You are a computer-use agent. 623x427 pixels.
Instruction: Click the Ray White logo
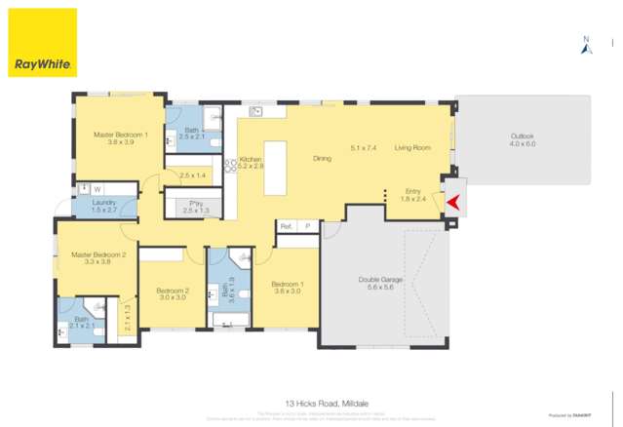pyautogui.click(x=42, y=43)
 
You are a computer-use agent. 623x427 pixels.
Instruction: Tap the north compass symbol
pyautogui.click(x=586, y=45)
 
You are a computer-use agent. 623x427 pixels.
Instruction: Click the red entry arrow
pyautogui.click(x=452, y=201)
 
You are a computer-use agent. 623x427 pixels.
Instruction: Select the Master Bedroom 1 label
pyautogui.click(x=121, y=135)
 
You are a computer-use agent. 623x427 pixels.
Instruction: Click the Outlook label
pyautogui.click(x=523, y=136)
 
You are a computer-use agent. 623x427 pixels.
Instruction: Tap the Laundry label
pyautogui.click(x=103, y=202)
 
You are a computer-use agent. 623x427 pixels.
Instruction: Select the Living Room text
pyautogui.click(x=412, y=148)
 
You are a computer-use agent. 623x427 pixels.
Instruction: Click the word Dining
pyautogui.click(x=322, y=158)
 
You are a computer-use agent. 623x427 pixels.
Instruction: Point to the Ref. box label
pyautogui.click(x=286, y=225)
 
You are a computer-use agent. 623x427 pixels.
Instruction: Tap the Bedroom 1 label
pyautogui.click(x=288, y=284)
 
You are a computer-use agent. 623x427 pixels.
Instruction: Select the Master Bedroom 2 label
pyautogui.click(x=98, y=254)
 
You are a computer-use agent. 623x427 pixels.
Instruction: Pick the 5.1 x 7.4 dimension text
pyautogui.click(x=364, y=148)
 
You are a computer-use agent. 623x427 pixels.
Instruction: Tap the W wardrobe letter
pyautogui.click(x=97, y=188)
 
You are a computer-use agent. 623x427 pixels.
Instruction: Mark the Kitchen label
pyautogui.click(x=251, y=158)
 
